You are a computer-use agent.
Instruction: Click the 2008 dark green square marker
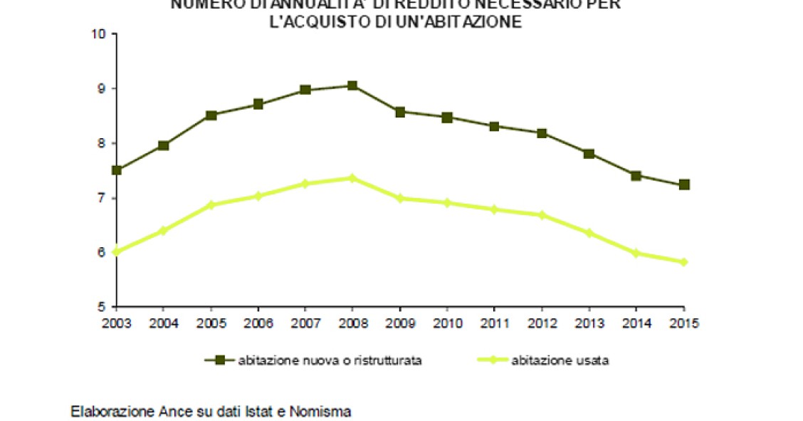[352, 85]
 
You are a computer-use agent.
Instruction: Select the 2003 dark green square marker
[117, 170]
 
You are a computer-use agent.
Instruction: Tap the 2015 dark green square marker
[684, 184]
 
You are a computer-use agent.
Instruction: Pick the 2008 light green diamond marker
[352, 177]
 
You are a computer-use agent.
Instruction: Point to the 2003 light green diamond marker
[117, 251]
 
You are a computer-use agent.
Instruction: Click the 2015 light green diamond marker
[684, 261]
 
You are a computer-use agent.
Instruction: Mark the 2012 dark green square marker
[542, 133]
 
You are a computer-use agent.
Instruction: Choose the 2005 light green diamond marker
[211, 204]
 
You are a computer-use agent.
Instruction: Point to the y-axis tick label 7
[102, 197]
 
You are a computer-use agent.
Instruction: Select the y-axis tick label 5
[102, 307]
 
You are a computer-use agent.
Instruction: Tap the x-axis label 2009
[400, 322]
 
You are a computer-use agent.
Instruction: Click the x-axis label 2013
[589, 322]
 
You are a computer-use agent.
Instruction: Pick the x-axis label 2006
[258, 322]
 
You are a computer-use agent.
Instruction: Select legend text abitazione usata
[560, 360]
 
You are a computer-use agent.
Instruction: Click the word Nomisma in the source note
[325, 411]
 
